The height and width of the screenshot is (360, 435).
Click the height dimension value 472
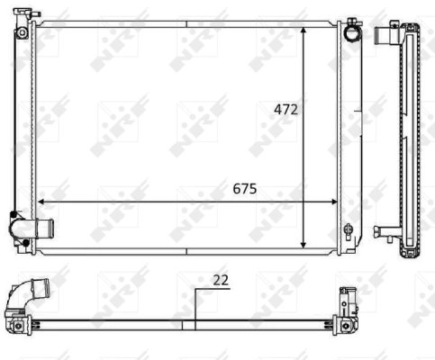click(287, 110)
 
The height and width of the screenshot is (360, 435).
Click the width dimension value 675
click(245, 189)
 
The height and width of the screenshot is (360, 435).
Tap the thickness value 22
click(221, 280)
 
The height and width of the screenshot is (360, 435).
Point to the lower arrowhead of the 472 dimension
click(304, 244)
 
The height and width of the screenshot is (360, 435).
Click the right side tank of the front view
click(350, 135)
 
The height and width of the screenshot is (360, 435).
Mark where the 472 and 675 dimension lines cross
click(304, 202)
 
